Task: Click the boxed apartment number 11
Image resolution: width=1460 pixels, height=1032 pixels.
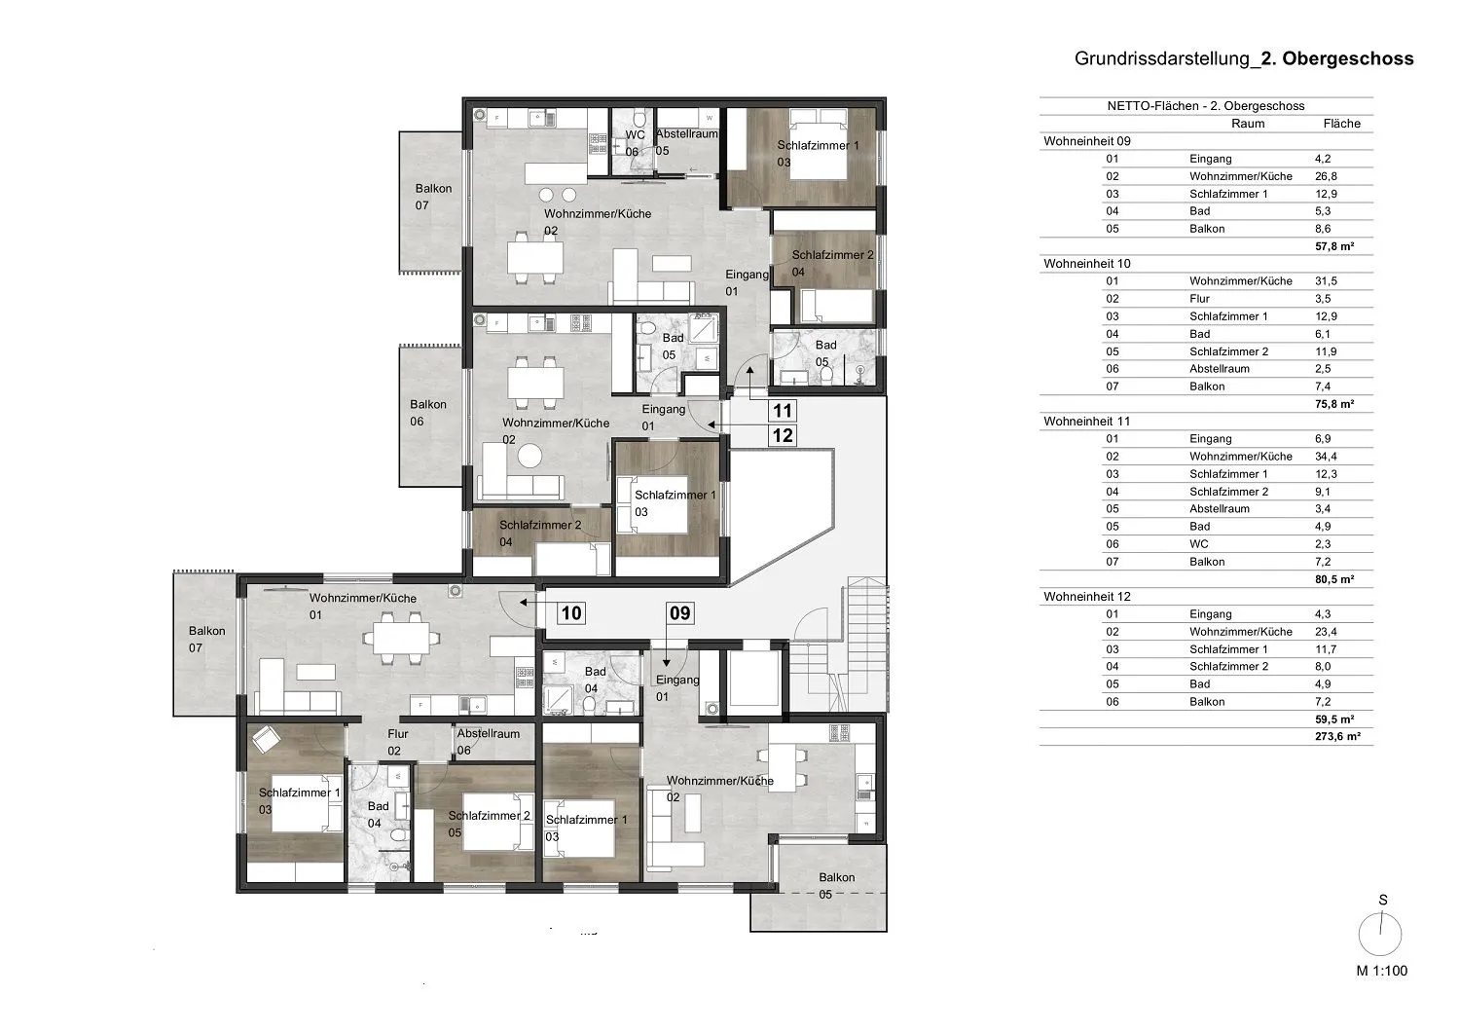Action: tap(783, 411)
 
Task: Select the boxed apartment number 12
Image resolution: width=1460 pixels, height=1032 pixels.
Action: tap(783, 435)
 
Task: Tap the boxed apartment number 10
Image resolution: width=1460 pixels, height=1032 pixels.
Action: tap(571, 612)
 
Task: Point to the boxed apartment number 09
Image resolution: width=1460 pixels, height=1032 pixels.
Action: tap(679, 612)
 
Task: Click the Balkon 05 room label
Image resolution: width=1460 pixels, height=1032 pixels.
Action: tap(836, 886)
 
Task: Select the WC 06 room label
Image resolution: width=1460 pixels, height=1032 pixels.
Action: tap(635, 143)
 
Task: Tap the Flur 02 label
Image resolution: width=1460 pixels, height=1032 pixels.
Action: tap(397, 742)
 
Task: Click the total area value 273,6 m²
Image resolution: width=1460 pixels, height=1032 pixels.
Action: tap(1337, 736)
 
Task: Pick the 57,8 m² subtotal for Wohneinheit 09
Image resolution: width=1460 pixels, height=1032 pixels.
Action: tap(1334, 245)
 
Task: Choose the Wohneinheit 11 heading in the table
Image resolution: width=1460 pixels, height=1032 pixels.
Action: tap(1086, 422)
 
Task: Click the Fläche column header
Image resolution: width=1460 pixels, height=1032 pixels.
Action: tap(1341, 124)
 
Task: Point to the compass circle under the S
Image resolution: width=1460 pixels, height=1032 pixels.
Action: tap(1380, 935)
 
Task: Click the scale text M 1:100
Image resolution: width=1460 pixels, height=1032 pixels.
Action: tap(1382, 971)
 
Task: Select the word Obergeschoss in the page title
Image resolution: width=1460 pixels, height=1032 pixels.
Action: tap(1348, 58)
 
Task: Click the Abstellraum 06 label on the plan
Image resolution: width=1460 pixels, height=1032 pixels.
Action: tap(488, 742)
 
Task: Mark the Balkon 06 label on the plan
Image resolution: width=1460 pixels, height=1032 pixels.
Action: tap(428, 413)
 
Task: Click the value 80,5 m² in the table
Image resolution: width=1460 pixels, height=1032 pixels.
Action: tap(1334, 579)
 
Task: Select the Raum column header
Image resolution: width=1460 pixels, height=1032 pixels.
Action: tap(1248, 124)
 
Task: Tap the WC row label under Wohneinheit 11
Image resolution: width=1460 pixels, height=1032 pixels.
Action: tap(1198, 543)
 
